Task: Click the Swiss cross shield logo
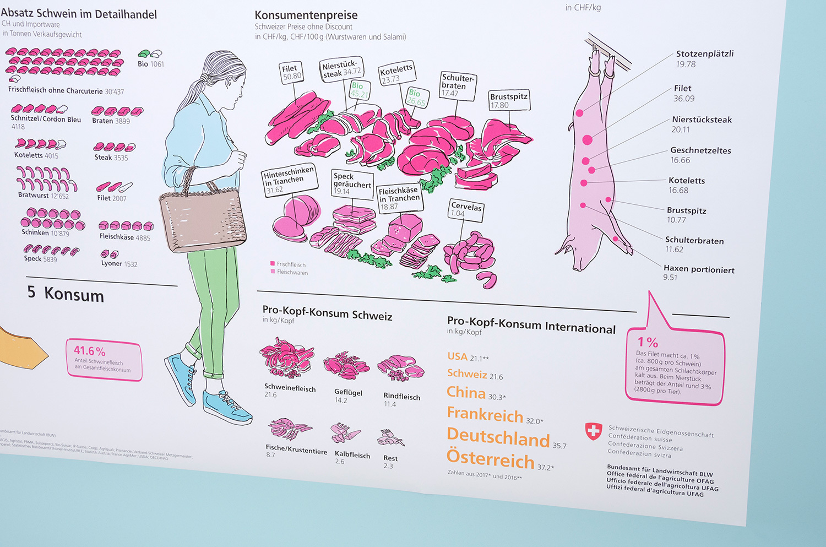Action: point(593,431)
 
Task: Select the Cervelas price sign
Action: point(466,210)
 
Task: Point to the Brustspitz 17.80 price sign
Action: point(508,100)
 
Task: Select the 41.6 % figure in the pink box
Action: point(89,351)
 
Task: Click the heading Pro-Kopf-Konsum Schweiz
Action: point(327,312)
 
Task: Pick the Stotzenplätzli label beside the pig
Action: point(704,54)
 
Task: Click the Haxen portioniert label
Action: point(698,269)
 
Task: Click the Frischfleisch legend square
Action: point(273,264)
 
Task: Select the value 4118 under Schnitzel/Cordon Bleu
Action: point(18,127)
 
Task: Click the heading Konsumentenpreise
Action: point(306,15)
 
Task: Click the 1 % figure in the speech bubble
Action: point(648,342)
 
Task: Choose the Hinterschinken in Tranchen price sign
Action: point(289,180)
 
